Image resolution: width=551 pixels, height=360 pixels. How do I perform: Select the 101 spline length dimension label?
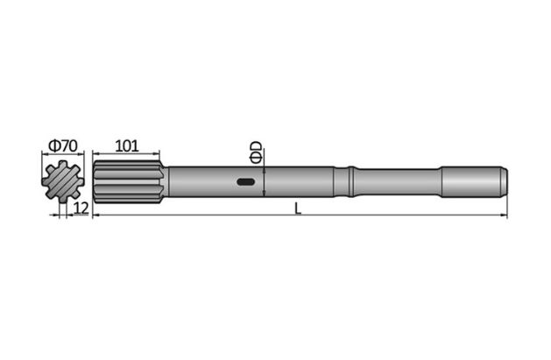coord(128,145)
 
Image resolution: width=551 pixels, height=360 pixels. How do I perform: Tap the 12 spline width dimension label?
coord(81,208)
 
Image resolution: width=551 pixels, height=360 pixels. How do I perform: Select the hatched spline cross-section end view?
coord(62,182)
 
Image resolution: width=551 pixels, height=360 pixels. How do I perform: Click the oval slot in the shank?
coord(246,183)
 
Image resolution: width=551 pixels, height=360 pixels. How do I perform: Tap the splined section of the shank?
coord(127,182)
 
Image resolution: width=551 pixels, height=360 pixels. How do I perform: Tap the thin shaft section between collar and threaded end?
coord(399,182)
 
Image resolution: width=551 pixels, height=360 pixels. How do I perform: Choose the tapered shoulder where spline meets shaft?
coord(164,182)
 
